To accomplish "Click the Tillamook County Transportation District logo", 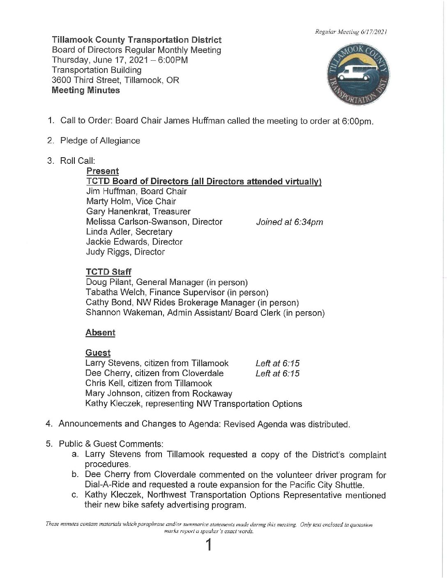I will pos(358,74).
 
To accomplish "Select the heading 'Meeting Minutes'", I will pos(86,90).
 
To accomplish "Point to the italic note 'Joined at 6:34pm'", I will pos(289,222).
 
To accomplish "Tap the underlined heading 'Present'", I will pos(102,171).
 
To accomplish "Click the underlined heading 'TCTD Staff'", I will pos(108,272).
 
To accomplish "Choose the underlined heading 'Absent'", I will pos(100,333).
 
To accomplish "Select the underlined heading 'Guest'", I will pos(98,353).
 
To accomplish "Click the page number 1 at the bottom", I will pos(209,545).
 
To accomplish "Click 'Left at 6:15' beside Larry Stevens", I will pos(277,363).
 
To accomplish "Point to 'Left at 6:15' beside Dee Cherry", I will pos(277,374).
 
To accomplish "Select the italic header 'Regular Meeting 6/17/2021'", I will pos(351,32).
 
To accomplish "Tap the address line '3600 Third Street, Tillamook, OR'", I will pos(115,80).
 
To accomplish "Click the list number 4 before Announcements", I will pos(49,424).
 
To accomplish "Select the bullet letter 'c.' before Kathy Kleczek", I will pos(75,495).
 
